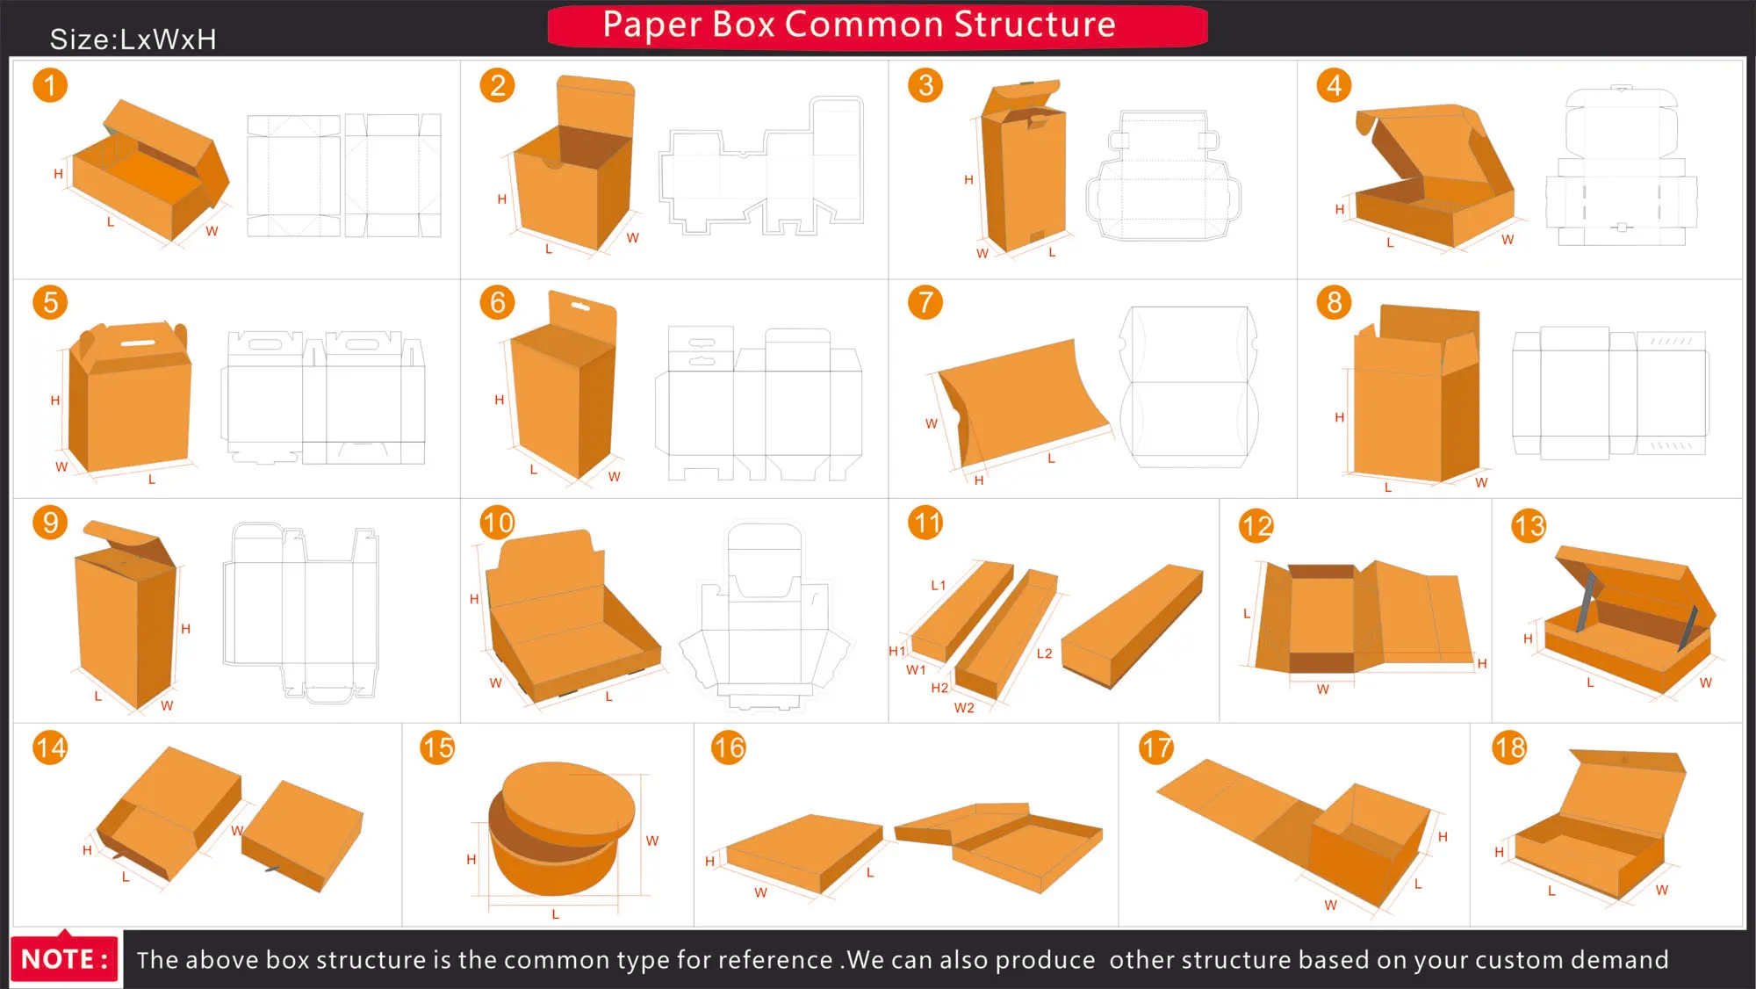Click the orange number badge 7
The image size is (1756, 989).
[925, 302]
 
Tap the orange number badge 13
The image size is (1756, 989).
[1529, 525]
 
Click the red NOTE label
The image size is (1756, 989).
[65, 958]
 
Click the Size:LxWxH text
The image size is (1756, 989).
[133, 40]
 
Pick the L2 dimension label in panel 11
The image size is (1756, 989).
[1044, 653]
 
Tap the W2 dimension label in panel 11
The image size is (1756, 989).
[964, 708]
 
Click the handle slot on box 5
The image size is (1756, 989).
[138, 343]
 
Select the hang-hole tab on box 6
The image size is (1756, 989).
[581, 309]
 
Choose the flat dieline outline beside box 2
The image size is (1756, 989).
[761, 167]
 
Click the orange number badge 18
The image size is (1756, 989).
[1509, 747]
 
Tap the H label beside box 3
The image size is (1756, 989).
[968, 180]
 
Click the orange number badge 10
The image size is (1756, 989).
[497, 523]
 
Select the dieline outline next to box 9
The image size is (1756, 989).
[301, 610]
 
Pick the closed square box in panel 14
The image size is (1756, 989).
[301, 834]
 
